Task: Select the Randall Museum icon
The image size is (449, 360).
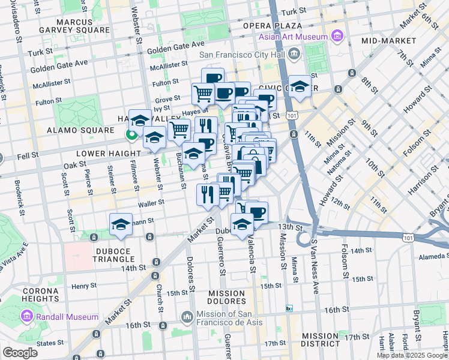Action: pyautogui.click(x=27, y=316)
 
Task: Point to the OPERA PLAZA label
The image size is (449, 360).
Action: pyautogui.click(x=272, y=26)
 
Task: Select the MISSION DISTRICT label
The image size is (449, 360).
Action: pyautogui.click(x=321, y=340)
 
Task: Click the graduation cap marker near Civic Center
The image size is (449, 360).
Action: pyautogui.click(x=300, y=86)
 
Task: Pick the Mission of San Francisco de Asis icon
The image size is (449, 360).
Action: pyautogui.click(x=187, y=316)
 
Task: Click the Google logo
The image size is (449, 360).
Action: pyautogui.click(x=20, y=353)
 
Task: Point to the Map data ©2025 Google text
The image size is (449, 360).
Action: pyautogui.click(x=412, y=355)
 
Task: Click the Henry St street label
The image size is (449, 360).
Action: pyautogui.click(x=79, y=286)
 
